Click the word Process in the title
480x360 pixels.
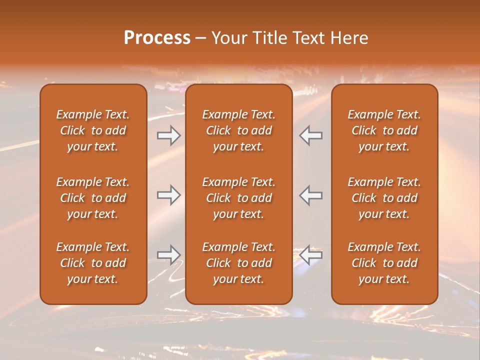tap(157, 38)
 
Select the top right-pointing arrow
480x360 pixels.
tap(168, 135)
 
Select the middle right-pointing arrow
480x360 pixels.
tap(168, 195)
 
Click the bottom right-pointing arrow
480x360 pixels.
tap(168, 255)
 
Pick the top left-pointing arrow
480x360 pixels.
tap(311, 135)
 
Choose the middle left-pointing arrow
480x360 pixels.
tap(311, 195)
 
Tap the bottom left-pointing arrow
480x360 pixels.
tap(311, 255)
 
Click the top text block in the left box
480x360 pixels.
tap(93, 130)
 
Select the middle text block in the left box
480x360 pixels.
tap(93, 198)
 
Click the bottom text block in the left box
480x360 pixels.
tap(93, 263)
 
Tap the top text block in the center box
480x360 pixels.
tap(238, 130)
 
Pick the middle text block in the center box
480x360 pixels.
tap(238, 198)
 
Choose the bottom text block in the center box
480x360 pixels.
tap(238, 263)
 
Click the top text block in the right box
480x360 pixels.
tap(384, 130)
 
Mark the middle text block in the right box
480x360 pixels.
tap(384, 198)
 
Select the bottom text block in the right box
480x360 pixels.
tap(384, 263)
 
